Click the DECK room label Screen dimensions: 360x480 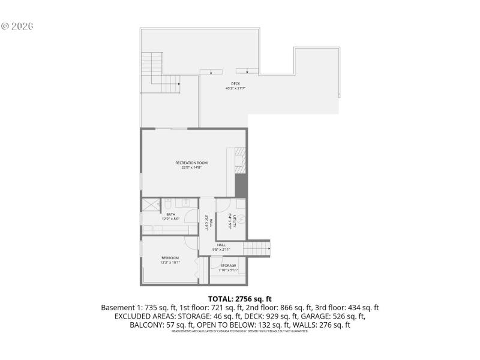pos(236,83)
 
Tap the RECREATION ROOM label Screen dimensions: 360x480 pos(191,163)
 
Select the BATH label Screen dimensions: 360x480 pos(171,214)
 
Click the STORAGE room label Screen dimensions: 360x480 pos(228,266)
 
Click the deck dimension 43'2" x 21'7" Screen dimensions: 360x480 pos(236,88)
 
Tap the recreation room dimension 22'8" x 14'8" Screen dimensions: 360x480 pos(191,168)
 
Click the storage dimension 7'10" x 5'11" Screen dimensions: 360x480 pos(228,271)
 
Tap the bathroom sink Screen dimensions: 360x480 pos(187,203)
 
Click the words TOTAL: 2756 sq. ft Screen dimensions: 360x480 pos(240,298)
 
